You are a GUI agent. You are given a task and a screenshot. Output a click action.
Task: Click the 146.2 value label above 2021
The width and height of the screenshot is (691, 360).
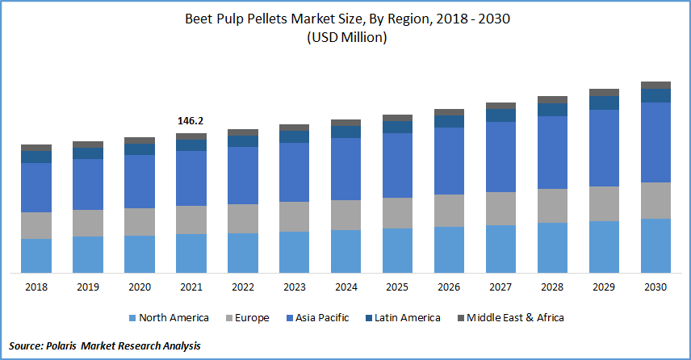pos(191,120)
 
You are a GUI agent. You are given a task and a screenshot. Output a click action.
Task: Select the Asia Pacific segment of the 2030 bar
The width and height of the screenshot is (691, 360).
pos(655,142)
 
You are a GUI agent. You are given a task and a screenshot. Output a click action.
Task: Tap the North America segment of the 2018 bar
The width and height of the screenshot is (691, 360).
pos(36,255)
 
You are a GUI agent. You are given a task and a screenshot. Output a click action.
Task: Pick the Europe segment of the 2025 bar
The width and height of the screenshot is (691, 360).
pos(397,212)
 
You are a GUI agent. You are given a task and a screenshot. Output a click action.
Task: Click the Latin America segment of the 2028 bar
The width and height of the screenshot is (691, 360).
pos(552,109)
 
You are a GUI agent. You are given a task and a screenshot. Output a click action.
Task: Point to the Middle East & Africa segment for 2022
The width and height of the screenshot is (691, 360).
pos(243,132)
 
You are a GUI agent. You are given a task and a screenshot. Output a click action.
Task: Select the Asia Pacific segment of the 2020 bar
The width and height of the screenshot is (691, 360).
pos(140,181)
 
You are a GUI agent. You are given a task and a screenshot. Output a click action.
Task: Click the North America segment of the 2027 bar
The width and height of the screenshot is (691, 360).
pos(500,249)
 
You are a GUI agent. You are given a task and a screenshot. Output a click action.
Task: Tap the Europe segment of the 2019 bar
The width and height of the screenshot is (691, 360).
pos(88,223)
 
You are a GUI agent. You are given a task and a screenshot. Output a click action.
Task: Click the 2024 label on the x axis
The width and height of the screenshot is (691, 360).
pos(345,287)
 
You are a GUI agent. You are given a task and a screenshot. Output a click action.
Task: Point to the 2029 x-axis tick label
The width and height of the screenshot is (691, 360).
pos(604,287)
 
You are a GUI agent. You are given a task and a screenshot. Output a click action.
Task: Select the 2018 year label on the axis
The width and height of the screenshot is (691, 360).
pos(36,287)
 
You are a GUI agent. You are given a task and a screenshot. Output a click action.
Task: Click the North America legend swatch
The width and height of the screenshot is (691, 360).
pos(131,318)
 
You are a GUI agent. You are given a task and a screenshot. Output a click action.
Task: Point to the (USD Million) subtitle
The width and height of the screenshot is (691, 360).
pos(345,38)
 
